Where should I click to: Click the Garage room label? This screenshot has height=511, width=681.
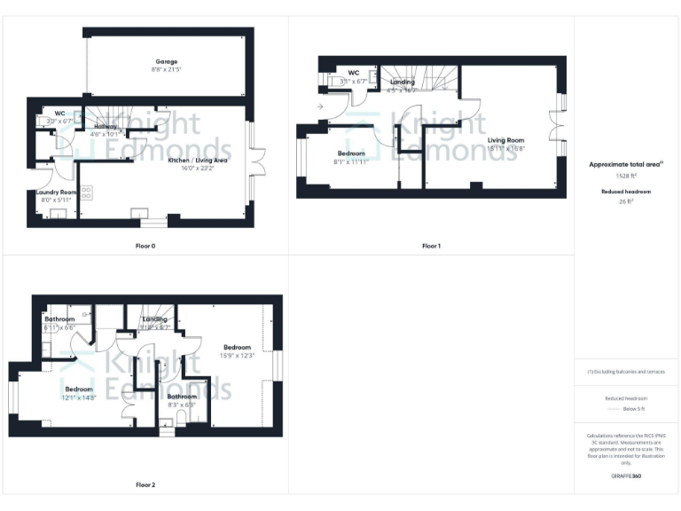pos(163,61)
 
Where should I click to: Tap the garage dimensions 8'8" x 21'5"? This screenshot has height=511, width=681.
pos(163,69)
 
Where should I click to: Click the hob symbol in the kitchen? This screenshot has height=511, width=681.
pos(87,191)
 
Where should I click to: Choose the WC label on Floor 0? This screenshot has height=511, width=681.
pos(59,113)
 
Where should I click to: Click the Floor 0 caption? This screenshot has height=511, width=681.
pos(141,245)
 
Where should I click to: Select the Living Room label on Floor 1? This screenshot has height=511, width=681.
pos(505,140)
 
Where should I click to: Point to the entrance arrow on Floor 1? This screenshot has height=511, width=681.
pos(319,107)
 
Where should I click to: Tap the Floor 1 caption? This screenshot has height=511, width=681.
pos(430,245)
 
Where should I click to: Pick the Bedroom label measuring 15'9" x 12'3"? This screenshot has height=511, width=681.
pos(238,347)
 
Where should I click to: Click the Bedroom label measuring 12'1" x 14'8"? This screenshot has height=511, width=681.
pos(79,389)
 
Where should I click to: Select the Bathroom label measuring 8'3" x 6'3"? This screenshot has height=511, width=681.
pos(182,397)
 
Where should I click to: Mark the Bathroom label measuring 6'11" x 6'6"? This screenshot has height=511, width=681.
pos(60,319)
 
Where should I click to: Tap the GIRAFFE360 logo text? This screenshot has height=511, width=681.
pos(625,476)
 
